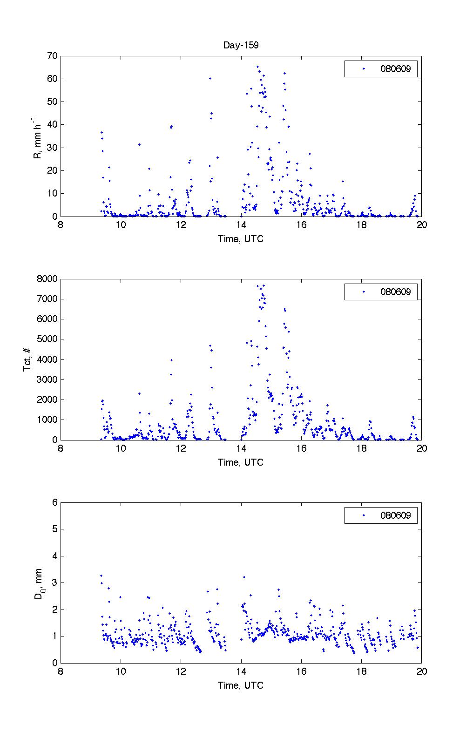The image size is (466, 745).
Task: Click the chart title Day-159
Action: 241,45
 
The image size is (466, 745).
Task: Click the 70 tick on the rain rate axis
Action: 52,56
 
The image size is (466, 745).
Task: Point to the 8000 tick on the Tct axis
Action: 48,279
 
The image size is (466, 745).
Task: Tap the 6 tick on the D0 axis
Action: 55,502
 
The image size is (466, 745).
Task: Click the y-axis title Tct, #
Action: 27,359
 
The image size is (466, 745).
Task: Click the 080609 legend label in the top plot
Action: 395,69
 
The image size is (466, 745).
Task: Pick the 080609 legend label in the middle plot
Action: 395,292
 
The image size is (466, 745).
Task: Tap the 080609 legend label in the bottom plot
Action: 395,515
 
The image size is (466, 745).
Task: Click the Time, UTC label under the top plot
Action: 241,239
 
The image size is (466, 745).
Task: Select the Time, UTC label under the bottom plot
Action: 241,685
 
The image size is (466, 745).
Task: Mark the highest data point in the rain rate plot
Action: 257,67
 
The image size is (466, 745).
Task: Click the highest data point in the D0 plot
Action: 101,576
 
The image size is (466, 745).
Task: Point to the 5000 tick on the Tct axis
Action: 48,339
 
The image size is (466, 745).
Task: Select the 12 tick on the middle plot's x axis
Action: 181,448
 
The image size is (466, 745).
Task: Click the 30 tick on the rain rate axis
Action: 52,148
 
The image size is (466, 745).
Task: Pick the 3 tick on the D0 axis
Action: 55,582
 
